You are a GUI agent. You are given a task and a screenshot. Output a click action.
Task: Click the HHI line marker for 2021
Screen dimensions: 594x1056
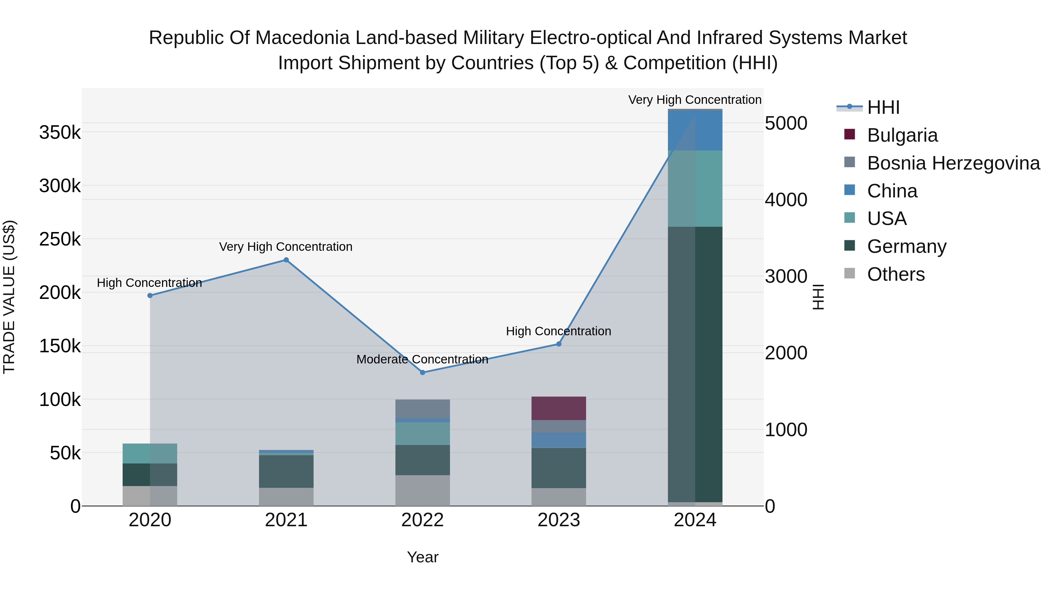(x=286, y=260)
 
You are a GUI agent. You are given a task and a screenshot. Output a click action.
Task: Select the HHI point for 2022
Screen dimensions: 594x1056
(x=423, y=373)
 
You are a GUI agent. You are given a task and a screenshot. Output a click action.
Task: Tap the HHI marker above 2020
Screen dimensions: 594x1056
(x=150, y=296)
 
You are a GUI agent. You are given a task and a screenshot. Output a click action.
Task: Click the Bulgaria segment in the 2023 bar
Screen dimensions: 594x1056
(x=559, y=408)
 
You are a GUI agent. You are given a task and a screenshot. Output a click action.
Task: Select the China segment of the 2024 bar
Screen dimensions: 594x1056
(x=695, y=130)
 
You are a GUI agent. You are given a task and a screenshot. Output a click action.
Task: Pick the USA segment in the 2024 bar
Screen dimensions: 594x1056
(x=695, y=189)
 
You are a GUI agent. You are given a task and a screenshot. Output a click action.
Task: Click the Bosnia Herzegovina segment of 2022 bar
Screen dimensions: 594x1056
(x=423, y=409)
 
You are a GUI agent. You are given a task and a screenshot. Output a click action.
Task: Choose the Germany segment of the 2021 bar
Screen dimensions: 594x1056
(x=286, y=471)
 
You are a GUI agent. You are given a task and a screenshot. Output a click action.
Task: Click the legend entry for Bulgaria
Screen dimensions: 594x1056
(x=902, y=135)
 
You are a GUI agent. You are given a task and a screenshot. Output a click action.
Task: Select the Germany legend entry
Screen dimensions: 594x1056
(x=906, y=246)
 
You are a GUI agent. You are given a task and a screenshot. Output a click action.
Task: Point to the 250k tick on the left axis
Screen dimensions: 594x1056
(x=60, y=239)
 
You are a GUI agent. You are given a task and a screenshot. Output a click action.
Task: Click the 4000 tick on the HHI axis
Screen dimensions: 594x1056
(x=786, y=200)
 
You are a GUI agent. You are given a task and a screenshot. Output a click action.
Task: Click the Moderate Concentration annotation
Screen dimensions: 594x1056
(x=422, y=360)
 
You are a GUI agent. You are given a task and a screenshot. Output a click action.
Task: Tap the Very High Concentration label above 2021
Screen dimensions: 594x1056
(x=286, y=247)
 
